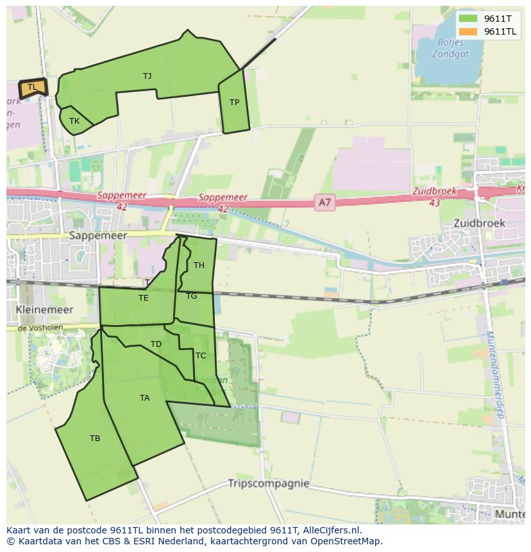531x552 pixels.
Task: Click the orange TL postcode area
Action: [32, 88]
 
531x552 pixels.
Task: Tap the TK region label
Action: [74, 121]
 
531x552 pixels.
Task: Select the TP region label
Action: [234, 103]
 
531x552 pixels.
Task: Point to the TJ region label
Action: [147, 76]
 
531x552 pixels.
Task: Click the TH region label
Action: [199, 265]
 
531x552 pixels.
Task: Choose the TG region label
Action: [192, 296]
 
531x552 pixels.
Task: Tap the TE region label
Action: [143, 298]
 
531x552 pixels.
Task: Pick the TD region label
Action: [156, 344]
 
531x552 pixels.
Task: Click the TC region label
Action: [201, 356]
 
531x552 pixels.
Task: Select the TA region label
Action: [144, 398]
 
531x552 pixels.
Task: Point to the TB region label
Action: [95, 439]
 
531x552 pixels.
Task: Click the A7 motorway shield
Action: [325, 203]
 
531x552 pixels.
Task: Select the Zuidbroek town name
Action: [479, 224]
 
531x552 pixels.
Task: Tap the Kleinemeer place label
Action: [44, 310]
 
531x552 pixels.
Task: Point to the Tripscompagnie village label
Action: [269, 483]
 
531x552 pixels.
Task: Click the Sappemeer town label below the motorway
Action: [98, 235]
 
